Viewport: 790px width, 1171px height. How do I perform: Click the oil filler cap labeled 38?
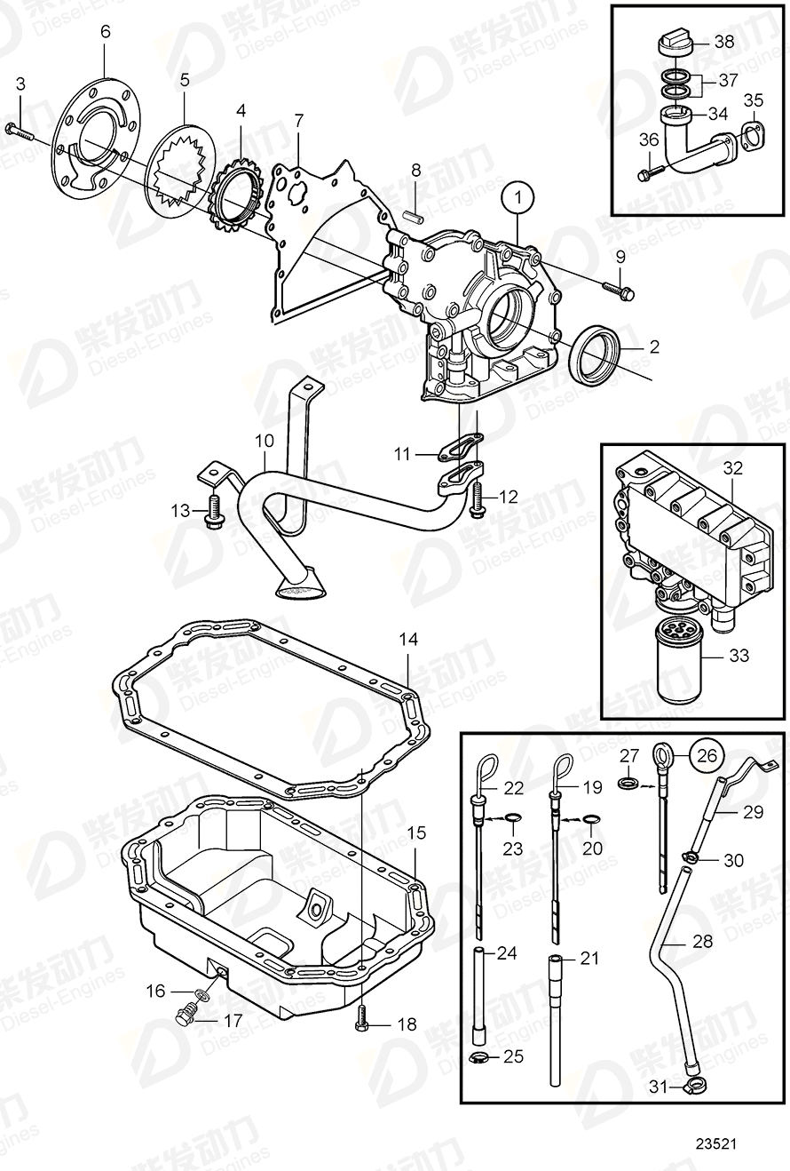click(x=676, y=42)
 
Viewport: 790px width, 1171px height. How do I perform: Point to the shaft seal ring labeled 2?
click(x=595, y=352)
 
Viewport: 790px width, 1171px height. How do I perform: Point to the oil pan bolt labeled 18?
click(x=361, y=1019)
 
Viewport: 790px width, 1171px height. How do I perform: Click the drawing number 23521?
click(x=720, y=1145)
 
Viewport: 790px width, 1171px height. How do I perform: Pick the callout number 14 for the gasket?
click(x=407, y=639)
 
